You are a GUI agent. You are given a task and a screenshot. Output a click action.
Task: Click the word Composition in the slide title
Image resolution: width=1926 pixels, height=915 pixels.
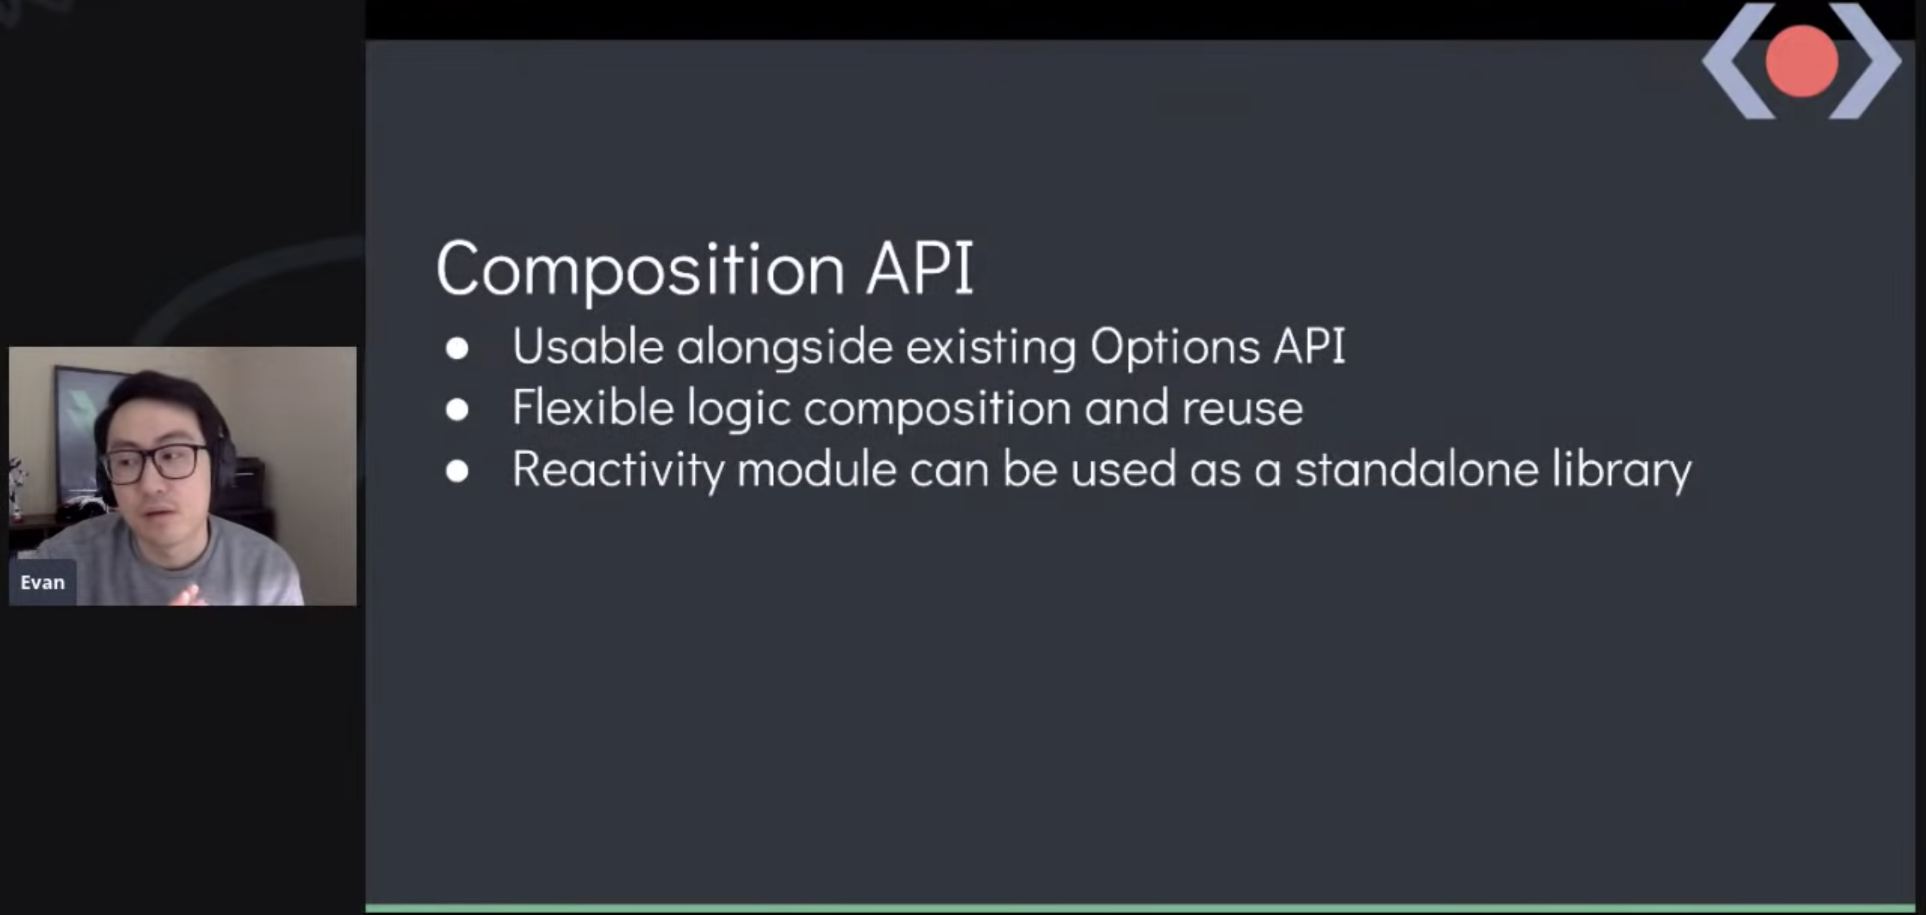pos(641,269)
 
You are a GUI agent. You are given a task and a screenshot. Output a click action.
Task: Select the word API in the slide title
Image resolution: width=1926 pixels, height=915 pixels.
pos(920,267)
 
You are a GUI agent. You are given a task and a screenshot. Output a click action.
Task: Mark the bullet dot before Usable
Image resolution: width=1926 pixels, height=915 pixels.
pos(457,348)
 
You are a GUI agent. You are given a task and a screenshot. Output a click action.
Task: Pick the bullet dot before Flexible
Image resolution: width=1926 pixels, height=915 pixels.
pos(457,409)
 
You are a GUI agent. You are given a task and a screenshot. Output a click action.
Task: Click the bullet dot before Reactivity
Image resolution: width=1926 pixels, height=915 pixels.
pos(457,471)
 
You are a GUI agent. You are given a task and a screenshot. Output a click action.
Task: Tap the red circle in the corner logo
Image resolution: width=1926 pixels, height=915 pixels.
pos(1801,62)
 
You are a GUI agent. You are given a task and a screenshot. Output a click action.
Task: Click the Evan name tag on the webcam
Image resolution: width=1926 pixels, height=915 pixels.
pos(43,583)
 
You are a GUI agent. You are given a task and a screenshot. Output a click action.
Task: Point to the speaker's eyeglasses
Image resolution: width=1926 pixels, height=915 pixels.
pos(156,463)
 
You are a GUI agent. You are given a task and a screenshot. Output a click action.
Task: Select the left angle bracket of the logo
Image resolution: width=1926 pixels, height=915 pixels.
pos(1738,62)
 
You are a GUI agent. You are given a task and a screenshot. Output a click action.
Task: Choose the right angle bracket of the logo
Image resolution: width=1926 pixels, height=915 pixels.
pos(1865,62)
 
